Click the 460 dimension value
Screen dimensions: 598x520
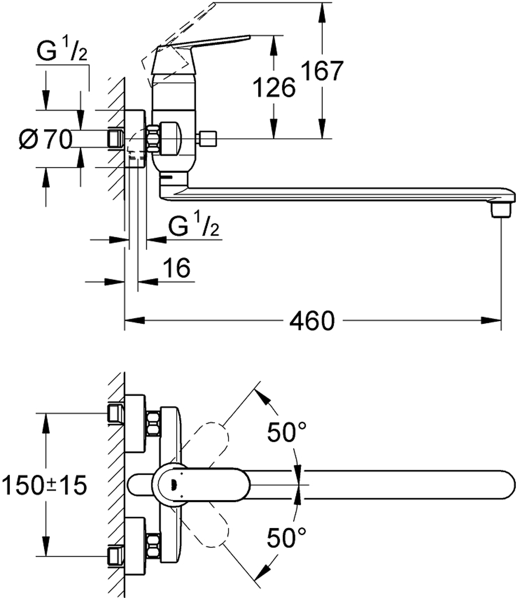pos(312,321)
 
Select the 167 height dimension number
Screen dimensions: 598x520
pos(323,71)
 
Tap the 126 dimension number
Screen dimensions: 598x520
pos(275,88)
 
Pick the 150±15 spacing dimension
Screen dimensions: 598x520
pos(44,485)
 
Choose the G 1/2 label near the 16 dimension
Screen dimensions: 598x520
pos(194,227)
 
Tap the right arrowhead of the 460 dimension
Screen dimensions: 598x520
pos(492,321)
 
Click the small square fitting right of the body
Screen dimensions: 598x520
pos(207,138)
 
